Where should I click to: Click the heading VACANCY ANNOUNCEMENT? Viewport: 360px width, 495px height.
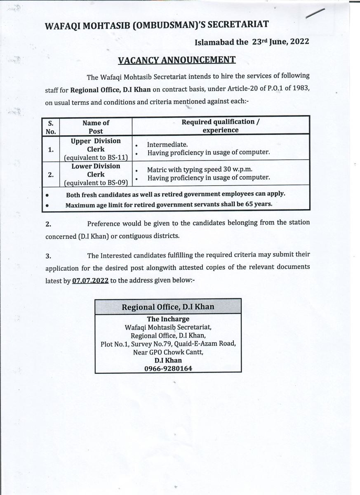click(x=176, y=60)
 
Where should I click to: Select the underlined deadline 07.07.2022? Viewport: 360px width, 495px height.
click(x=90, y=280)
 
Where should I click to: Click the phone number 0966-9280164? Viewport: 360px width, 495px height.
click(x=168, y=368)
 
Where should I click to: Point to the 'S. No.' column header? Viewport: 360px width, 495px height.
click(x=51, y=127)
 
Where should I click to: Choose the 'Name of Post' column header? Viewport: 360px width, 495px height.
click(x=96, y=127)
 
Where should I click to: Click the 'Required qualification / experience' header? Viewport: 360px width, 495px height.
click(x=221, y=126)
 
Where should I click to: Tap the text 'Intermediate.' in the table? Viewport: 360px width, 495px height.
click(x=167, y=145)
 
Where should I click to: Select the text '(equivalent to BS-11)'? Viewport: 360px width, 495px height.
click(x=96, y=157)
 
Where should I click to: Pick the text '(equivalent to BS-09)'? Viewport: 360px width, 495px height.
click(x=96, y=182)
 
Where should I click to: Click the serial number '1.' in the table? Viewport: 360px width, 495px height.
click(x=50, y=150)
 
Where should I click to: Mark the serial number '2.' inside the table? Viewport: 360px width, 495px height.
click(x=50, y=174)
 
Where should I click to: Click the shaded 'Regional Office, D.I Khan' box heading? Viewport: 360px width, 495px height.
click(x=168, y=307)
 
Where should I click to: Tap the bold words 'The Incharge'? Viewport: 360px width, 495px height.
click(x=168, y=319)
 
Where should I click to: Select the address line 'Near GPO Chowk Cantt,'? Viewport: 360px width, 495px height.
click(x=168, y=352)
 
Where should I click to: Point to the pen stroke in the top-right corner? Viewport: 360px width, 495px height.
click(x=315, y=14)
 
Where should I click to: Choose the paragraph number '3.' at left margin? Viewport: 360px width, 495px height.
click(x=48, y=256)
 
